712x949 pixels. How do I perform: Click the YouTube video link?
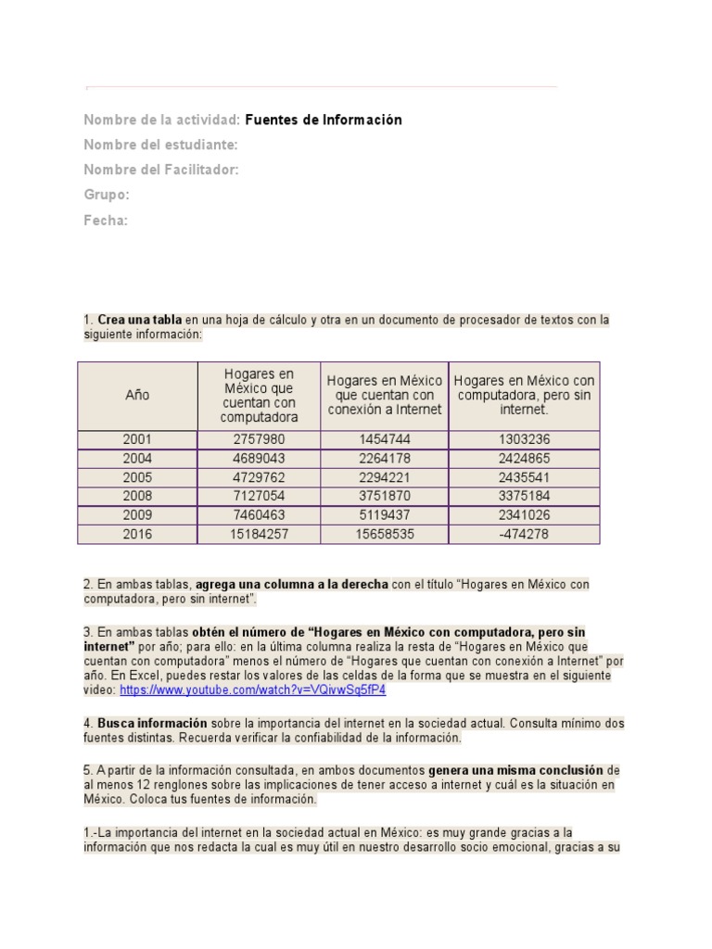(252, 690)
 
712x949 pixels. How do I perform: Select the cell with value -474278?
(524, 534)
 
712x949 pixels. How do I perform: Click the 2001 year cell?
(137, 439)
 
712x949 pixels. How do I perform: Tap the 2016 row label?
(137, 534)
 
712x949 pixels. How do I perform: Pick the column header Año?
(137, 395)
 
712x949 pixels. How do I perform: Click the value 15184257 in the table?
(259, 534)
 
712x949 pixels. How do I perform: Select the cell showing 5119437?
(384, 515)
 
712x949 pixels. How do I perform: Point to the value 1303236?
(524, 439)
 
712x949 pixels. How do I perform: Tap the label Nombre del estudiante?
(160, 145)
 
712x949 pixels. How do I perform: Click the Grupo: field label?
(107, 195)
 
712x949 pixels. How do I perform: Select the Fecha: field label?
(106, 221)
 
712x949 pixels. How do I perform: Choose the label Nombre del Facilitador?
(161, 170)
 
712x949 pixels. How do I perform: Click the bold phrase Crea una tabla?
(140, 320)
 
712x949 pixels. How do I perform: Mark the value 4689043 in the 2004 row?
(259, 458)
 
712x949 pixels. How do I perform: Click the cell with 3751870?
(384, 496)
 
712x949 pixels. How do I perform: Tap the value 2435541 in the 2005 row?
(524, 477)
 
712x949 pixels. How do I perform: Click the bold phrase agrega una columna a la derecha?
(291, 585)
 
